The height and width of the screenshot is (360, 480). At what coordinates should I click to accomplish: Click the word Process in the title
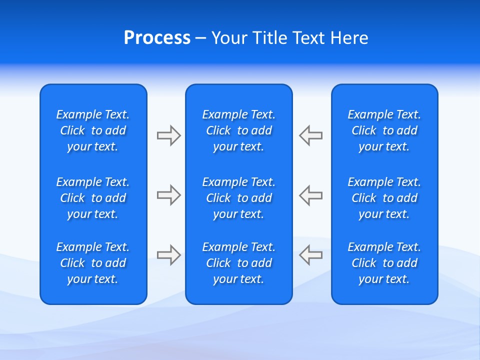coord(157,38)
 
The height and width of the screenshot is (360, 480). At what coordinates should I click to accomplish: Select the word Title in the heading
coord(269,38)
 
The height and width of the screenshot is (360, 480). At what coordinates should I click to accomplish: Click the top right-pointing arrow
coord(168,135)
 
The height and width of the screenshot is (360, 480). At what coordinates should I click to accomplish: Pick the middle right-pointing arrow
coord(168,195)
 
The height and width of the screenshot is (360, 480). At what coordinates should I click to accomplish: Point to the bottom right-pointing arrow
coord(168,255)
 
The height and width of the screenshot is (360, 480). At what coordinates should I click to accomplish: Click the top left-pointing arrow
coord(310,135)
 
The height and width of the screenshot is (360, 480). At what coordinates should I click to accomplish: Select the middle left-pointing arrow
coord(310,195)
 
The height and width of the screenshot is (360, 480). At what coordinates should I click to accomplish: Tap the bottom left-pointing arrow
coord(310,255)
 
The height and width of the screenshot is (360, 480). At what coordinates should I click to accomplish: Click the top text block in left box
coord(93,130)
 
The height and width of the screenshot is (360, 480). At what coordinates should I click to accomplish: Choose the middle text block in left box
coord(93,198)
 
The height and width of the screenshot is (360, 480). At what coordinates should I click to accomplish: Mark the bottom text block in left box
coord(93,263)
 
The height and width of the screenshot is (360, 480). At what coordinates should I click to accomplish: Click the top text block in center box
coord(238,130)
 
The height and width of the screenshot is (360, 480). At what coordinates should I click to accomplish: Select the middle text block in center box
coord(238,198)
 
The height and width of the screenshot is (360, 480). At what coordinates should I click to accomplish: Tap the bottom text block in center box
coord(238,263)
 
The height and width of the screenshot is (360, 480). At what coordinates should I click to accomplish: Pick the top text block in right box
coord(384,130)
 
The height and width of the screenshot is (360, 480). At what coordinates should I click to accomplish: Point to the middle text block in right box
coord(384,198)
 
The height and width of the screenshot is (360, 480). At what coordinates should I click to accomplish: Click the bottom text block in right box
coord(384,263)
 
